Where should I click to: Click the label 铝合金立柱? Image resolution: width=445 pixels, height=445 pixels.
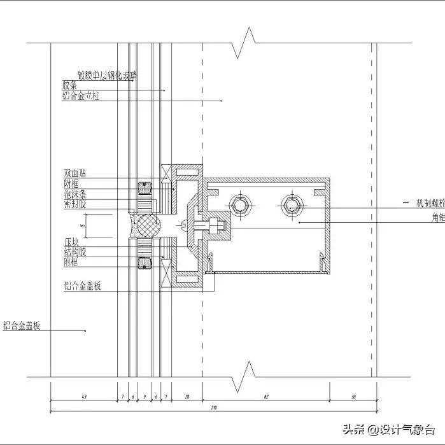click(x=80, y=96)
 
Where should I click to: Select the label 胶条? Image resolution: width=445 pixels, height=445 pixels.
click(x=69, y=85)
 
